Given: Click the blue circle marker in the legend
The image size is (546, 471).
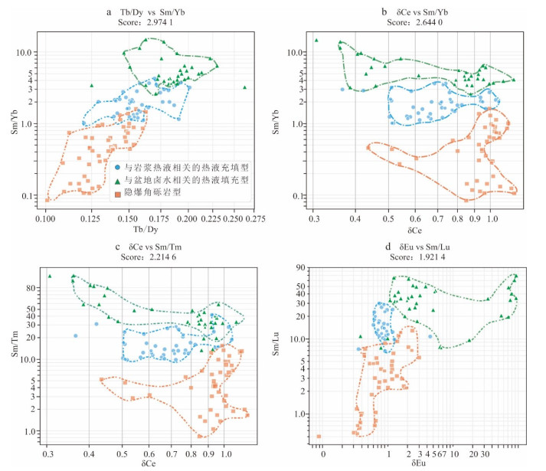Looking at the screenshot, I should [x=116, y=165].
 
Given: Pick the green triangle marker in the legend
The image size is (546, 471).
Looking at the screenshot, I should [x=116, y=179].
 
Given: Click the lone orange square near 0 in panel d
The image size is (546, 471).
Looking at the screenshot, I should [x=319, y=437].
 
